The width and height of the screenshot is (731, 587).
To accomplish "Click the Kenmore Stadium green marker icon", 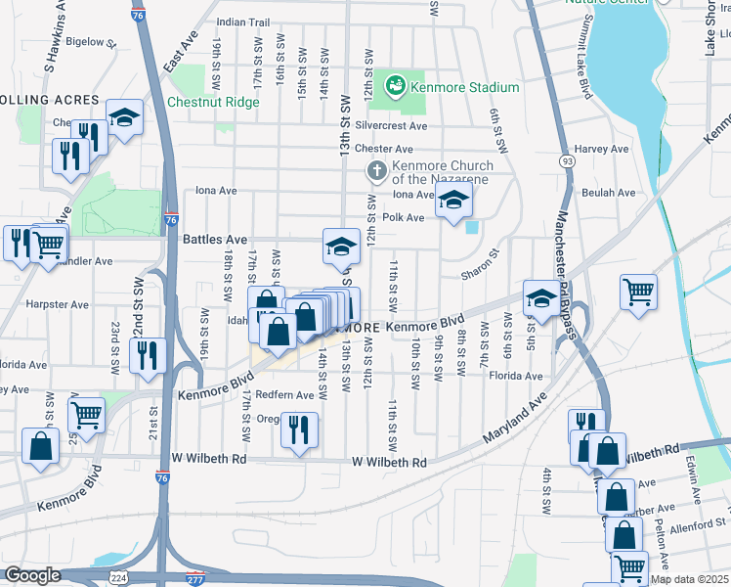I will pos(396,87).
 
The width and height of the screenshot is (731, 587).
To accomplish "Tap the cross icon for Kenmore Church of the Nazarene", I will pos(376,170).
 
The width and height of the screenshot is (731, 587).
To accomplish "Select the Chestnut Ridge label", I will pos(213,102).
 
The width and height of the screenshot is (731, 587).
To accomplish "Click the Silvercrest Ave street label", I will pos(392,126).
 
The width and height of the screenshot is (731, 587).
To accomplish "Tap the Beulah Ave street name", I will pos(608,193).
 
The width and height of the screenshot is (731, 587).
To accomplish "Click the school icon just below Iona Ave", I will pos(453,203).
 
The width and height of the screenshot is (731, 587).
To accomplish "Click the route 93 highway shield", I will pos(567,158).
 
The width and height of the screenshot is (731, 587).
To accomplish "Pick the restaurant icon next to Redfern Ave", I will pos(298,429).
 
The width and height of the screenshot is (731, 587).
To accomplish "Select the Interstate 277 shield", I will pos(195,577).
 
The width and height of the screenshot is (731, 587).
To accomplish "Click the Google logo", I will pos(32,576).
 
